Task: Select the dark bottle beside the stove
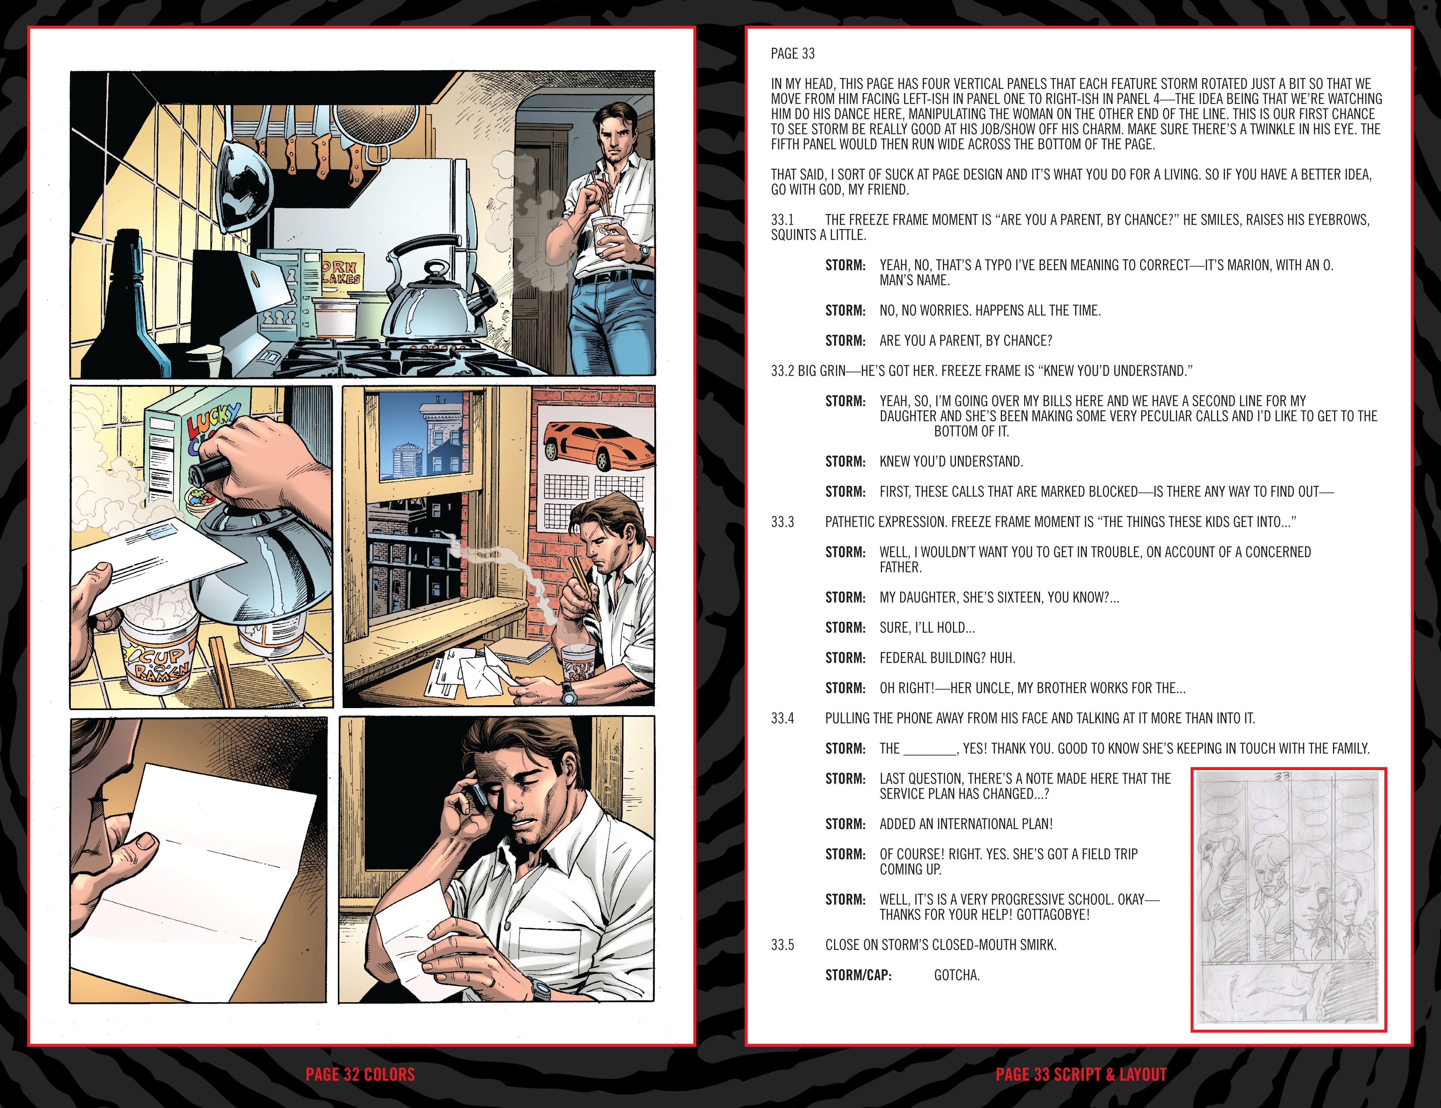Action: click(125, 310)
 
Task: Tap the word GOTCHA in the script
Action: click(956, 975)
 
